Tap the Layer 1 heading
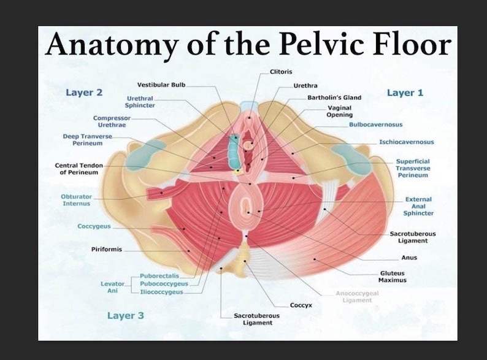click(x=405, y=93)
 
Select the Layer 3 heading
click(x=125, y=315)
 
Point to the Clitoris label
click(x=281, y=72)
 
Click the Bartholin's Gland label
click(x=334, y=98)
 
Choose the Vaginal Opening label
click(x=340, y=111)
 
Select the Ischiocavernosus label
click(x=406, y=142)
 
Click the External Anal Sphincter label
click(x=418, y=206)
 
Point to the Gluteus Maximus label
click(x=392, y=276)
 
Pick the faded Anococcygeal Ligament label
click(x=357, y=297)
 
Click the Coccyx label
click(x=301, y=305)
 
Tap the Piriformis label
click(x=107, y=250)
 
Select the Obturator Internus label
click(x=76, y=200)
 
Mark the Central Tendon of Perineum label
click(x=79, y=169)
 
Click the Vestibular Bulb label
click(x=161, y=85)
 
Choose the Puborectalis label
click(x=159, y=276)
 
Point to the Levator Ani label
click(x=113, y=287)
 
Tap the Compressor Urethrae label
click(x=112, y=121)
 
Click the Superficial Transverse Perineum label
click(x=412, y=168)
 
